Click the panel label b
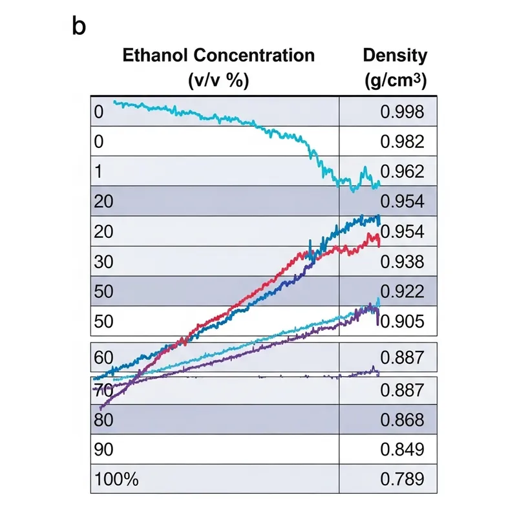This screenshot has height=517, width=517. (79, 28)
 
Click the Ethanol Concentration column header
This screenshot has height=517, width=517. (218, 55)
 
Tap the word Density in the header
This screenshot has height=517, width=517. (396, 55)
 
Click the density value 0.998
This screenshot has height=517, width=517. (402, 112)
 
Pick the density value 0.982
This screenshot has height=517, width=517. (402, 142)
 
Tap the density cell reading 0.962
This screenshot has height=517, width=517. (402, 172)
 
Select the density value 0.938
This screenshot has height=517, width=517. (402, 261)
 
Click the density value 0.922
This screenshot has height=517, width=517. (402, 291)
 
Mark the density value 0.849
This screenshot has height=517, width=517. (402, 449)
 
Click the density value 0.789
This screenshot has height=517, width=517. (402, 479)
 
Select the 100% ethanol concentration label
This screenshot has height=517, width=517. (116, 479)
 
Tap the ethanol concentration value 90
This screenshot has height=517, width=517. (103, 449)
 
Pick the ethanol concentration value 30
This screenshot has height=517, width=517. (103, 261)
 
